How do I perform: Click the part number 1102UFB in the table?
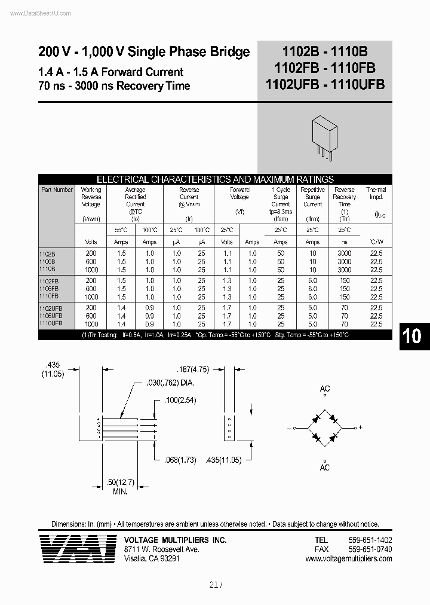pos(53,307)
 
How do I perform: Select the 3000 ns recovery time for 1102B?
pos(345,253)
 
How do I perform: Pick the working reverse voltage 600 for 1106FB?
pos(91,289)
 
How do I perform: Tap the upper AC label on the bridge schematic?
pos(325,389)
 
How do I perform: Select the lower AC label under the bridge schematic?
pos(325,467)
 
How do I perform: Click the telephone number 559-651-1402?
pos(370,540)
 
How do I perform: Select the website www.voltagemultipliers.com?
pos(349,559)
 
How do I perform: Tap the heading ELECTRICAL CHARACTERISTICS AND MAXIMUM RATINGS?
pos(215,179)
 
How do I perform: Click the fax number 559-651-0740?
pos(370,549)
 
